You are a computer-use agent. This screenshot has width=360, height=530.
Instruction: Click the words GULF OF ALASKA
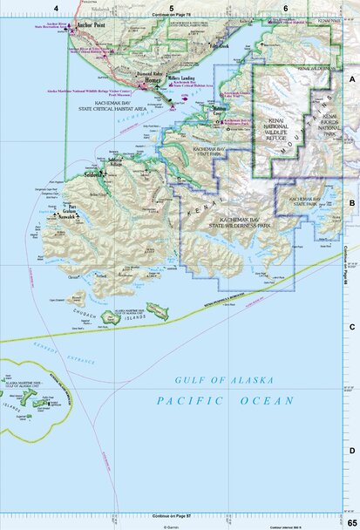225,381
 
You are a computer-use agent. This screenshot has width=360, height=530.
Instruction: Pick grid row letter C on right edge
352,327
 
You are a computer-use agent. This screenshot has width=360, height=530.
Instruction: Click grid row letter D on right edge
352,451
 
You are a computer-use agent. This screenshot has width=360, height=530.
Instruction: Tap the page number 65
351,521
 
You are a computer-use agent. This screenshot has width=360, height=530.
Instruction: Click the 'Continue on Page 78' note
171,16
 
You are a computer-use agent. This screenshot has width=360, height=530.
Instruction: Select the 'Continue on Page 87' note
171,517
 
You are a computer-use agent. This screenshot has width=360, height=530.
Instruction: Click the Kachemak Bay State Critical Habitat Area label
125,105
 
